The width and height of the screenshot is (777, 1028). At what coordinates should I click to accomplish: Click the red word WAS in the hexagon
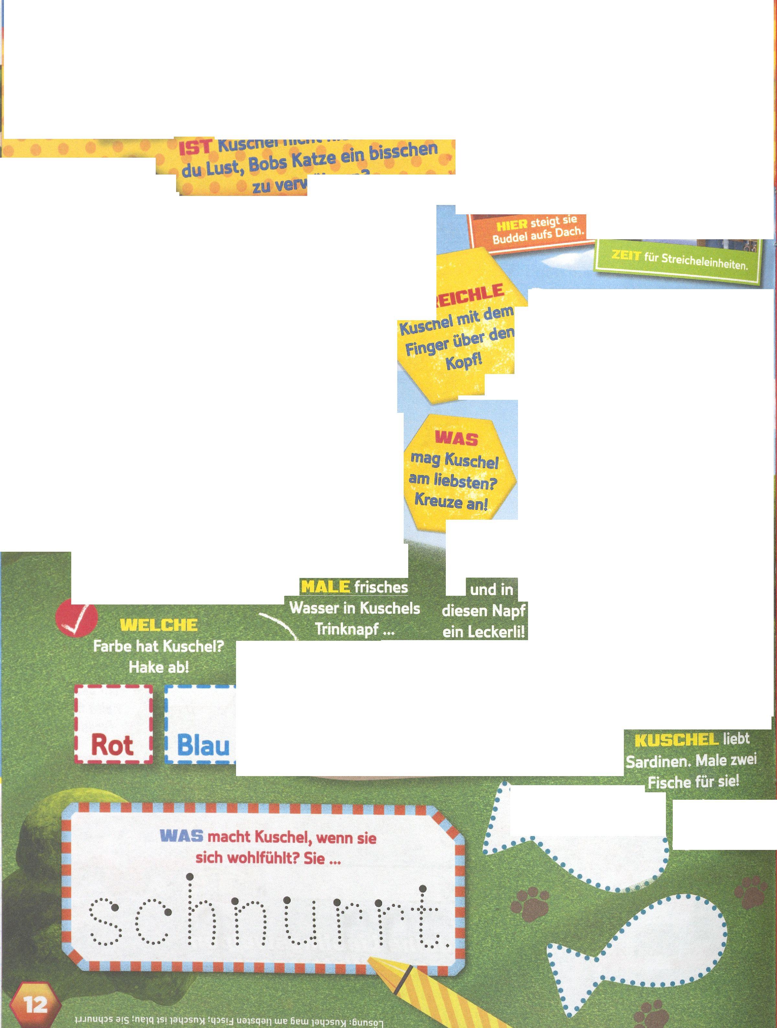click(x=456, y=438)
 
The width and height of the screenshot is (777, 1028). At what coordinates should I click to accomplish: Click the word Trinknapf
click(x=346, y=630)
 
